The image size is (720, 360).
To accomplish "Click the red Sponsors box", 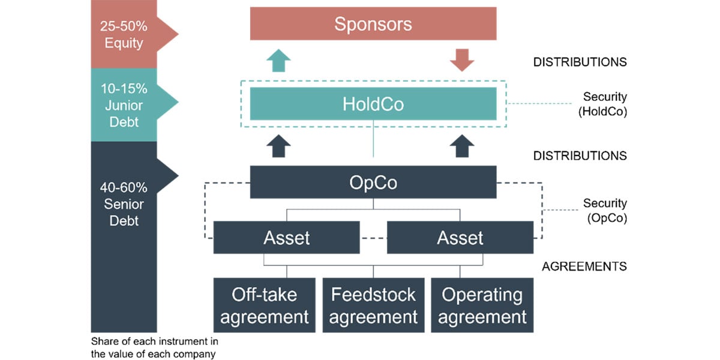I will [x=373, y=23].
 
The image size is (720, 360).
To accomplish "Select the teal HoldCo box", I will [x=373, y=104].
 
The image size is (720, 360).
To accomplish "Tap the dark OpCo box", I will [x=373, y=182].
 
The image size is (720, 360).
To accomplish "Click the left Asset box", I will [x=286, y=238].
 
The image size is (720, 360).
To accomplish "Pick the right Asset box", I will [x=460, y=238].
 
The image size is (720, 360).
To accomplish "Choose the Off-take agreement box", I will [x=264, y=305].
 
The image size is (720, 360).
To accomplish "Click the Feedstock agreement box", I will [x=373, y=305].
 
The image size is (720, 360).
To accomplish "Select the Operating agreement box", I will [x=482, y=305].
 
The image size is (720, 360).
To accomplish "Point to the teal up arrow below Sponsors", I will [x=277, y=61].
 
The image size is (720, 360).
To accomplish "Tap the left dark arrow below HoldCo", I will [x=277, y=146].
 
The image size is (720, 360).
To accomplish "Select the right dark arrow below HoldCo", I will [x=461, y=146].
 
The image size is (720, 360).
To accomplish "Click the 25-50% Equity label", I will [x=124, y=34].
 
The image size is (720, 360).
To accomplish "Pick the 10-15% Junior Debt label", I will [x=124, y=105].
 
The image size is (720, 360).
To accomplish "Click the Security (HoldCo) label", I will [x=605, y=104].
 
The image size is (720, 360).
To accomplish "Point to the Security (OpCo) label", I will [x=605, y=211].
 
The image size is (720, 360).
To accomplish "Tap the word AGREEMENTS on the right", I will [x=584, y=266].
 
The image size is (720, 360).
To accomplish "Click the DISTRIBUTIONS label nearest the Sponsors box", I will [x=580, y=62].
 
